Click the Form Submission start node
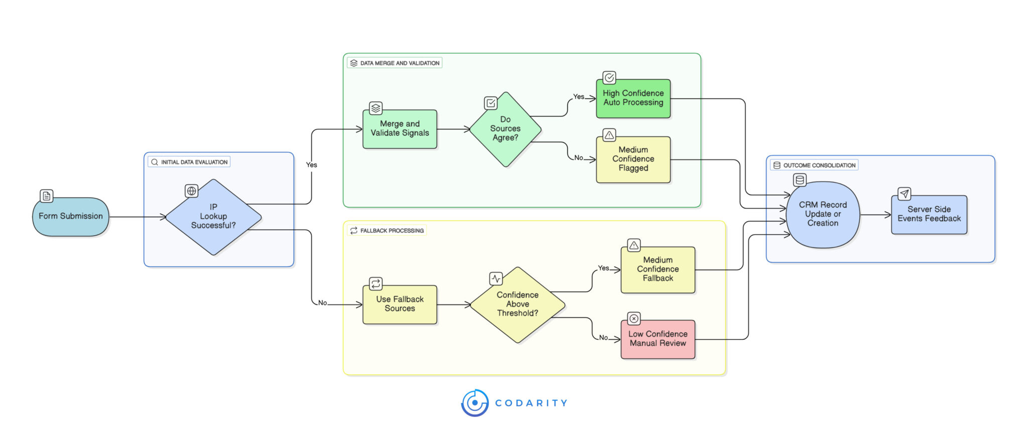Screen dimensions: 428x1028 tap(71, 216)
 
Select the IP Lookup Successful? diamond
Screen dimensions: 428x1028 tap(213, 217)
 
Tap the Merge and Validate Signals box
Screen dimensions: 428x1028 tap(400, 129)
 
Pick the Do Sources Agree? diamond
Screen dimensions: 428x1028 tap(505, 129)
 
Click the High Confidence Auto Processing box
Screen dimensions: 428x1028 tap(633, 98)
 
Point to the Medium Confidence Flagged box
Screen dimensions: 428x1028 tap(633, 159)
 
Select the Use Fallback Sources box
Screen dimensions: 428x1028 tap(400, 304)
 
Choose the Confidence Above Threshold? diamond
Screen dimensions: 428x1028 tap(517, 305)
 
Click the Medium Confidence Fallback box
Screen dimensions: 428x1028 tap(658, 269)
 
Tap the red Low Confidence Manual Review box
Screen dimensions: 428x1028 tap(658, 339)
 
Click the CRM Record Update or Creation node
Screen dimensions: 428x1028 tap(823, 214)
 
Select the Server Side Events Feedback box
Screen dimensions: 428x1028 tap(929, 214)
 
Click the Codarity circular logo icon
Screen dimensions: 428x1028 tap(475, 403)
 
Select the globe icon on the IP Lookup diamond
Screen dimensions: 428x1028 tap(191, 191)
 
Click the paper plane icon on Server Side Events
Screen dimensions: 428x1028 tap(904, 194)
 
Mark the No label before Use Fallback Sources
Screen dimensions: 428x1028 tap(322, 303)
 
